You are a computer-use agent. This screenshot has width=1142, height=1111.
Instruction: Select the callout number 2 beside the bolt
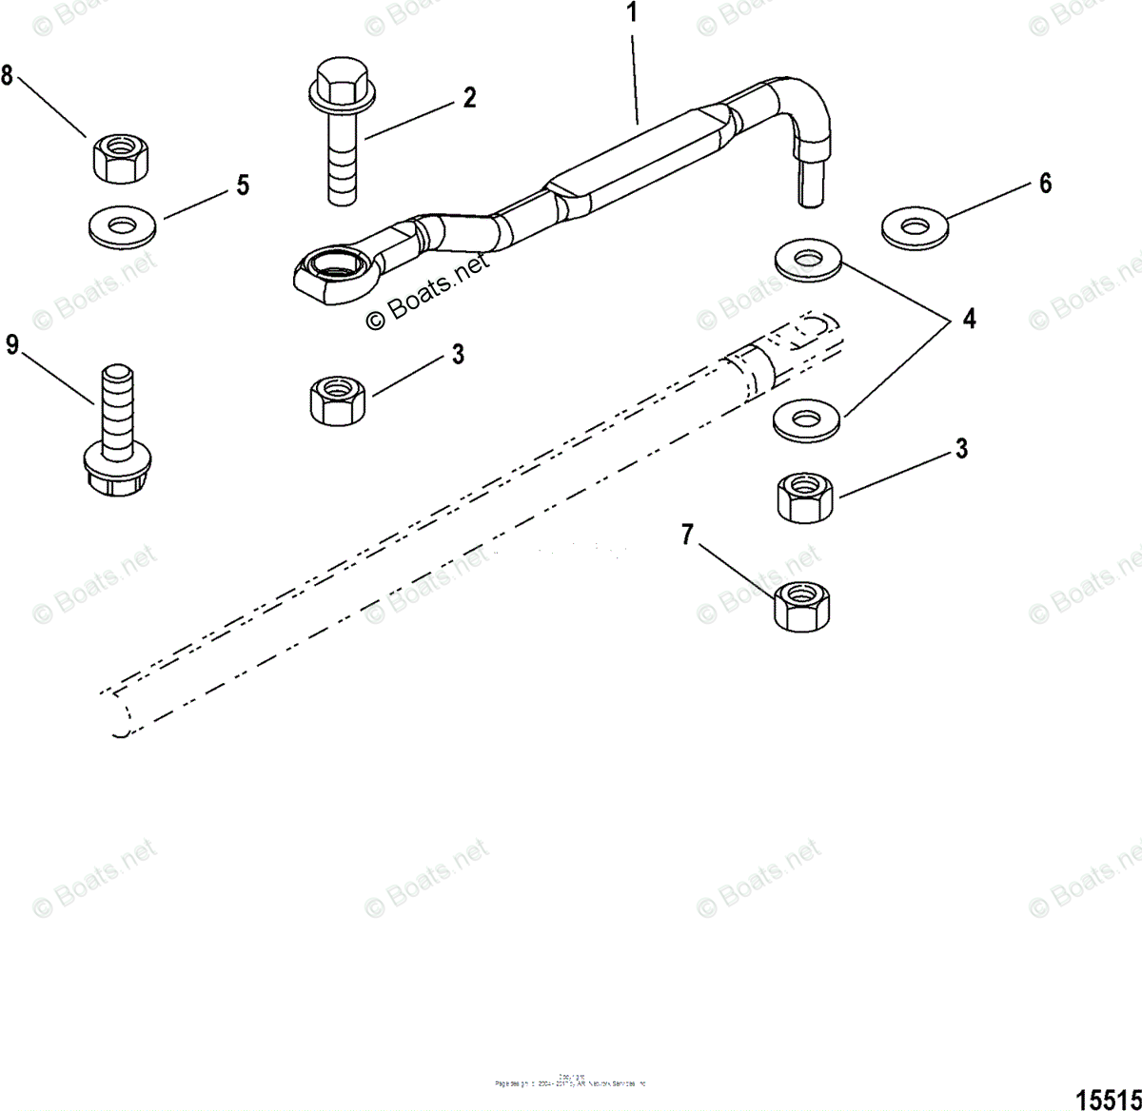469,97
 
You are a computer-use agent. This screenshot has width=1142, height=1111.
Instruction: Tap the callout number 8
8,76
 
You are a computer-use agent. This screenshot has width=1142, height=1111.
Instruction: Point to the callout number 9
11,344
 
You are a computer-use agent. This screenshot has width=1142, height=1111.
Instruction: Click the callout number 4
968,319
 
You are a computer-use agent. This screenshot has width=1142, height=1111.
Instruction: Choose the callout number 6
1045,183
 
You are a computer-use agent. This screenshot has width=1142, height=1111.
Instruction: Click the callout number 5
243,185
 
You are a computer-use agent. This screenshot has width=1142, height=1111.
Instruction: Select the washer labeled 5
121,227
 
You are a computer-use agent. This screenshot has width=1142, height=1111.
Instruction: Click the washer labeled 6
916,226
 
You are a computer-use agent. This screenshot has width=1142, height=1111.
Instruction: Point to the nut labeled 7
802,603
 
